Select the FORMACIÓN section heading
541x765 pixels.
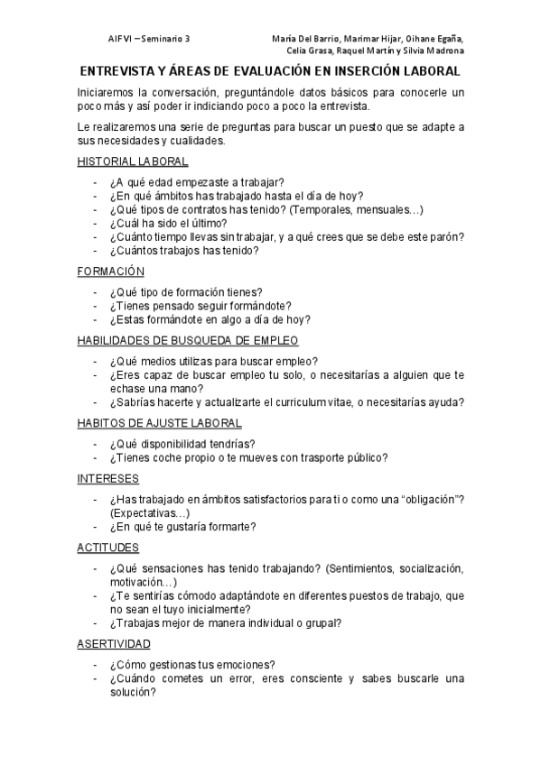pyautogui.click(x=111, y=271)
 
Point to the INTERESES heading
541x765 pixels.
pyautogui.click(x=107, y=477)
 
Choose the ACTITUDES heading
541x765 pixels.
pyautogui.click(x=107, y=547)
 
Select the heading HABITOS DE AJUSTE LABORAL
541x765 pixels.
pyautogui.click(x=159, y=422)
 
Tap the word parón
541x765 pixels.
pyautogui.click(x=446, y=237)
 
